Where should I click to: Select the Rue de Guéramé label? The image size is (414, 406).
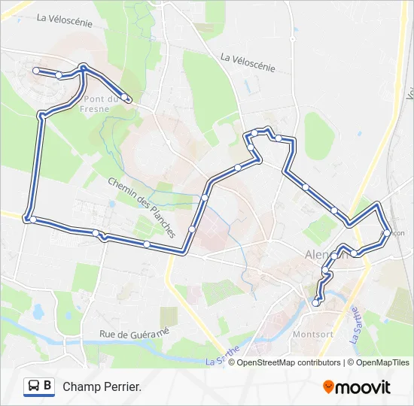click(135, 333)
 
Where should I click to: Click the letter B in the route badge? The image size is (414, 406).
click(47, 386)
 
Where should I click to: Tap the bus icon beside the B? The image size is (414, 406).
click(34, 386)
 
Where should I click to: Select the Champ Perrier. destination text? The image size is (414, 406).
click(102, 386)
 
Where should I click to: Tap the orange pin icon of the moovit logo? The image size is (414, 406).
click(328, 386)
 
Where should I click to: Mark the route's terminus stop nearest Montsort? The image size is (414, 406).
click(316, 302)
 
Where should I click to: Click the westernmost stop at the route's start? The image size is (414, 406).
click(35, 70)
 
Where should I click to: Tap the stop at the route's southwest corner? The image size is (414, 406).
click(32, 219)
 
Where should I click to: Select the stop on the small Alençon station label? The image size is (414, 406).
click(387, 233)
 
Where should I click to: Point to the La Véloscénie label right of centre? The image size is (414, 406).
click(248, 62)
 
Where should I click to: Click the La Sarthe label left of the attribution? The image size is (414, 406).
click(223, 356)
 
